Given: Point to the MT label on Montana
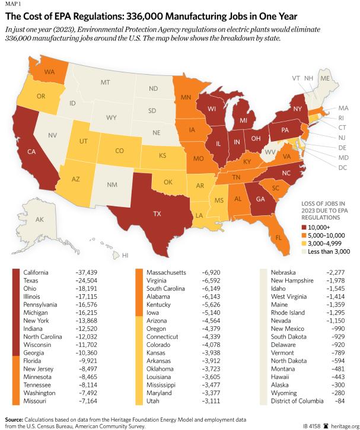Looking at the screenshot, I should point(106,82).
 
